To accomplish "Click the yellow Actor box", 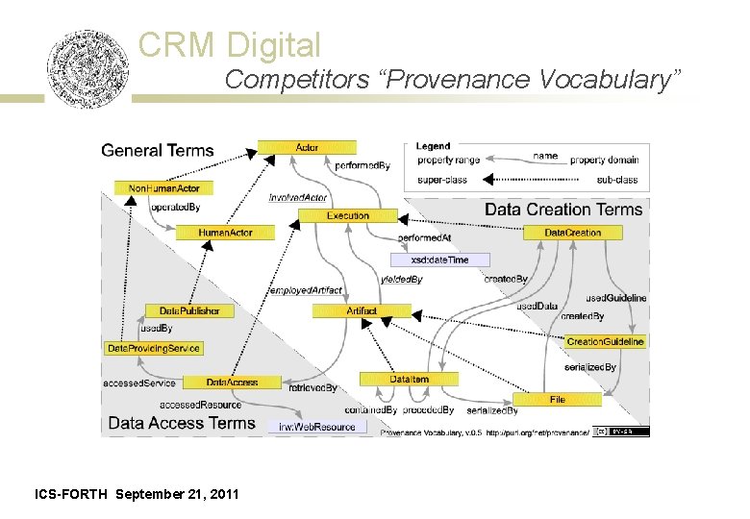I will coord(307,147).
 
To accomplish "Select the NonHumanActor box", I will coord(162,188).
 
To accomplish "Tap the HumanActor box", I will coord(225,233).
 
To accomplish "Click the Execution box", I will coord(347,216).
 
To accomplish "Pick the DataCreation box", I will coord(572,233).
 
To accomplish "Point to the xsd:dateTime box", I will coord(439,259).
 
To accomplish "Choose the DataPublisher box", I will coord(188,310).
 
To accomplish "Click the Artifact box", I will coord(362,310).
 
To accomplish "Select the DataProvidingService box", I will coord(154,347).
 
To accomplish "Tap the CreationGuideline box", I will coord(605,341).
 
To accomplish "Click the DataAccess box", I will coord(232,382).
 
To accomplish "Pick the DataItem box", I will coord(409,380).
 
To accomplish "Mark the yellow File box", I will coord(557,399).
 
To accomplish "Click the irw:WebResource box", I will coord(316,426).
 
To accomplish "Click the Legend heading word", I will coord(433,146).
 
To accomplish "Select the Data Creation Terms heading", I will coord(562,210).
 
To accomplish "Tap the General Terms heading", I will coord(158,150).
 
